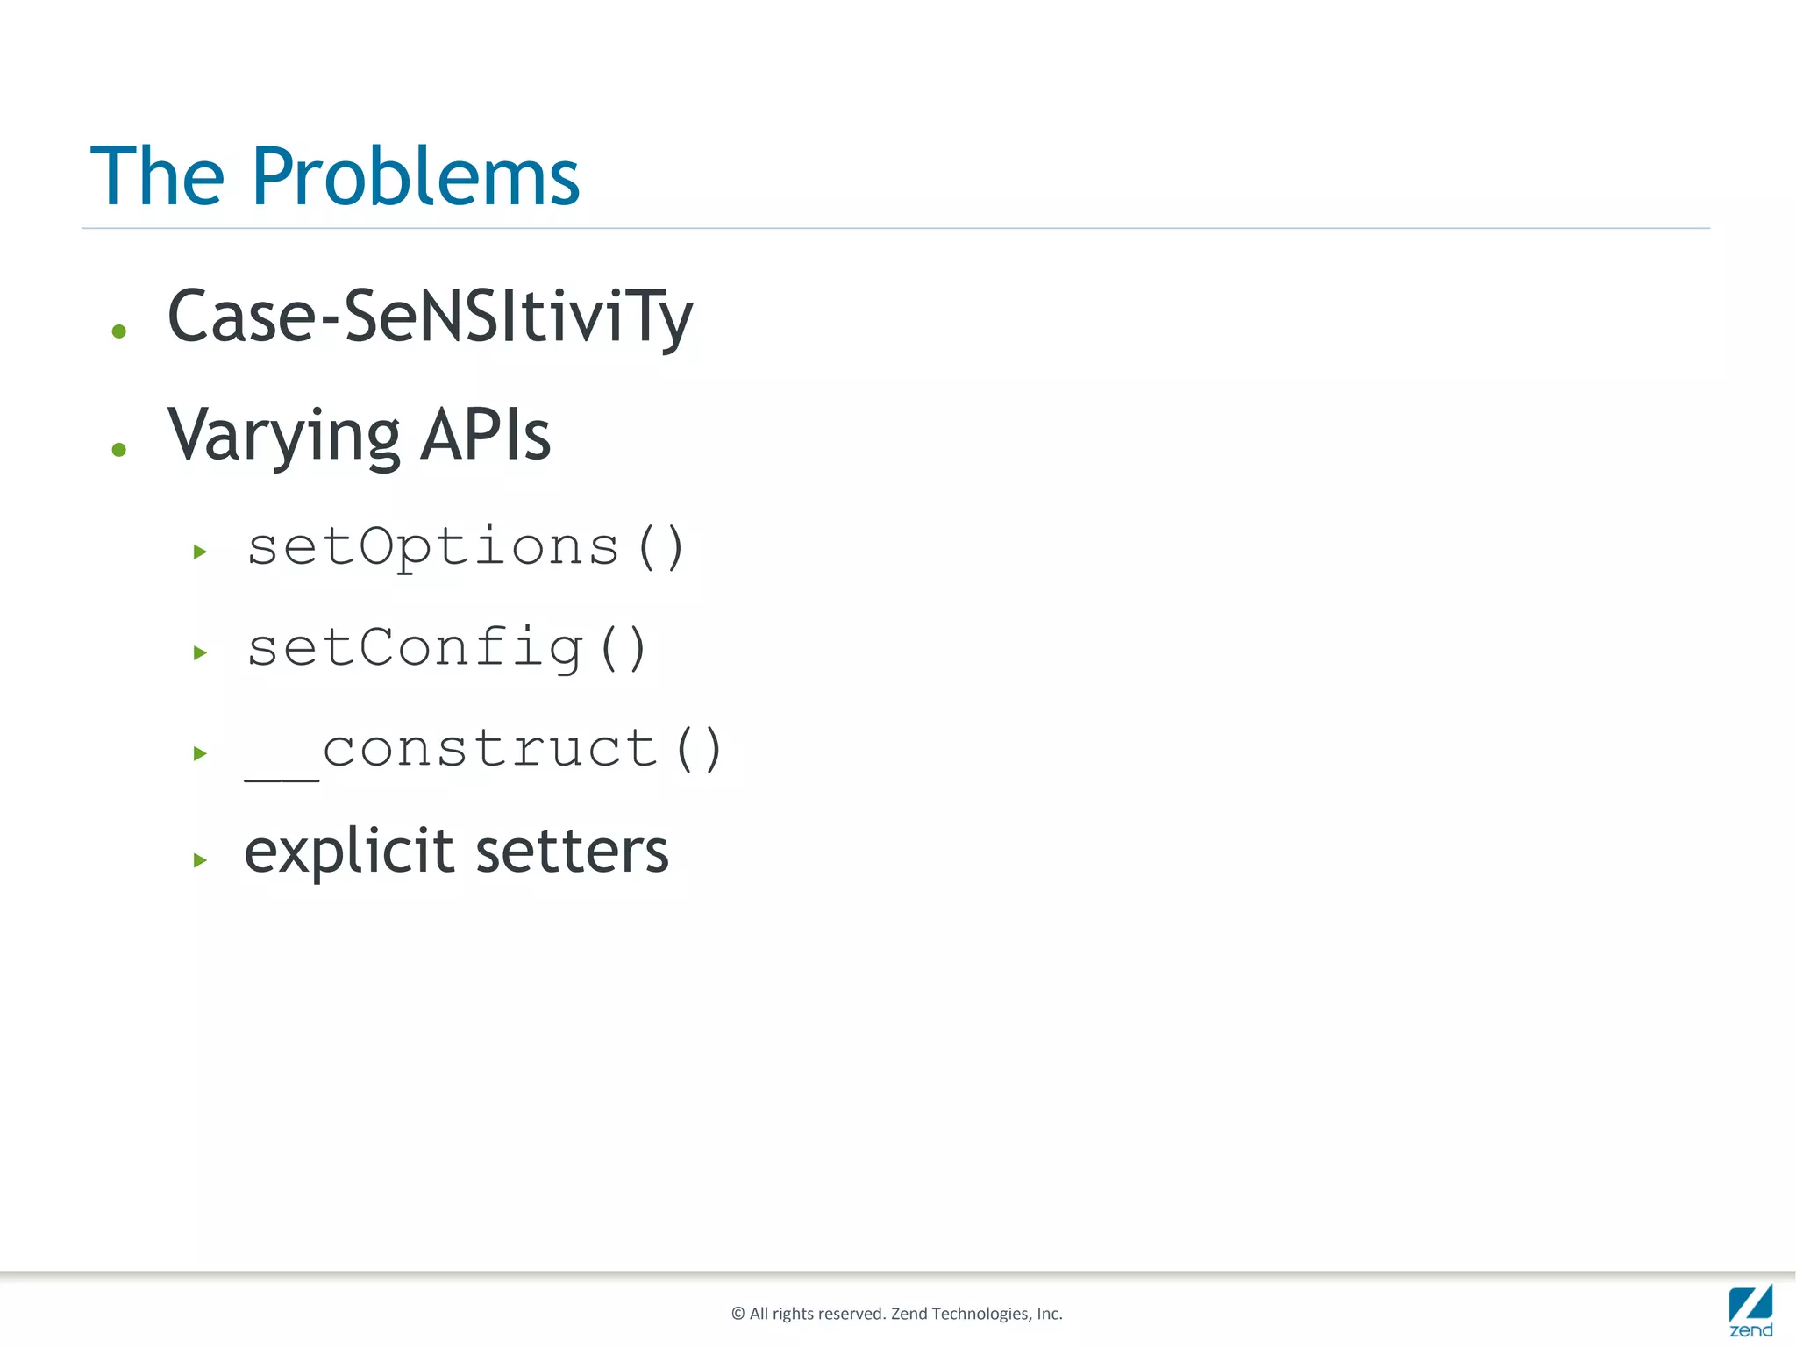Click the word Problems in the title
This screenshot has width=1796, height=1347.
click(x=416, y=177)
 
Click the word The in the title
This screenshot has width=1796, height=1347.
click(x=158, y=177)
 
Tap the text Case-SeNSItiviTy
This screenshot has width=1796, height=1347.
click(x=430, y=317)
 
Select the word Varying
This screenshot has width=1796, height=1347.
click(x=283, y=436)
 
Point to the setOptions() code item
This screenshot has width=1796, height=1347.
click(x=465, y=548)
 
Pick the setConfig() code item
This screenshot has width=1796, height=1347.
click(x=446, y=649)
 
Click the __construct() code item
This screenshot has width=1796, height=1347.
click(x=483, y=751)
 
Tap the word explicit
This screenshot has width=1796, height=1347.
click(x=349, y=852)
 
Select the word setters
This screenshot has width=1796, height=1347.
click(x=572, y=852)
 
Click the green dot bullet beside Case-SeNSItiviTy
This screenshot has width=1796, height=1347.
click(x=119, y=331)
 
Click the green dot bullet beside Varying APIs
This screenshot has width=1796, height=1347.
click(x=119, y=450)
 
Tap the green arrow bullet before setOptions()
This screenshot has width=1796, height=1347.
click(x=200, y=552)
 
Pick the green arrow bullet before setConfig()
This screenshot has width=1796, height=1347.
click(x=200, y=652)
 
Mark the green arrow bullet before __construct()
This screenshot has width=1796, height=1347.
click(x=200, y=753)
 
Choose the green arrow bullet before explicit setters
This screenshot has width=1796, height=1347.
click(x=200, y=860)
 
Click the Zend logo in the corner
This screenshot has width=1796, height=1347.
click(x=1750, y=1310)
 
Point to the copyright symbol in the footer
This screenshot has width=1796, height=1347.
click(x=738, y=1314)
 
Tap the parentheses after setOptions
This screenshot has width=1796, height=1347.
click(x=660, y=548)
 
